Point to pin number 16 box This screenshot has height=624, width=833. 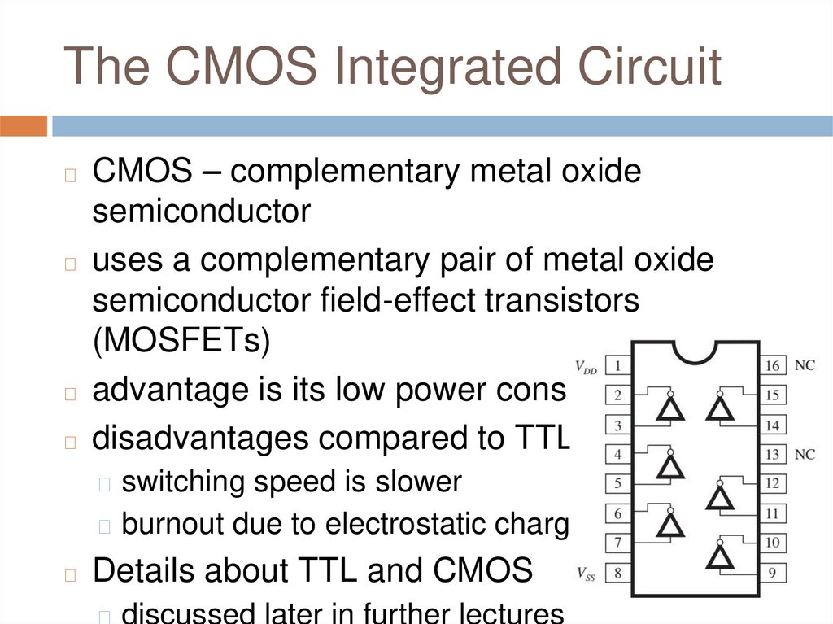[772, 366]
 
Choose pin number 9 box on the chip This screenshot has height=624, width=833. [772, 573]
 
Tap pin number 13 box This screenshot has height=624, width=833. [772, 454]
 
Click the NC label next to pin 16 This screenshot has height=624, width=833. [805, 366]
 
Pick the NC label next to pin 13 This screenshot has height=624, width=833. [805, 454]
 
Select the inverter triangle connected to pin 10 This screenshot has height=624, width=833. [720, 556]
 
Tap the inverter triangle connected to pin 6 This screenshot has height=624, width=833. [670, 526]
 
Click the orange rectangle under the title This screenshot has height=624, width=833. [24, 126]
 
